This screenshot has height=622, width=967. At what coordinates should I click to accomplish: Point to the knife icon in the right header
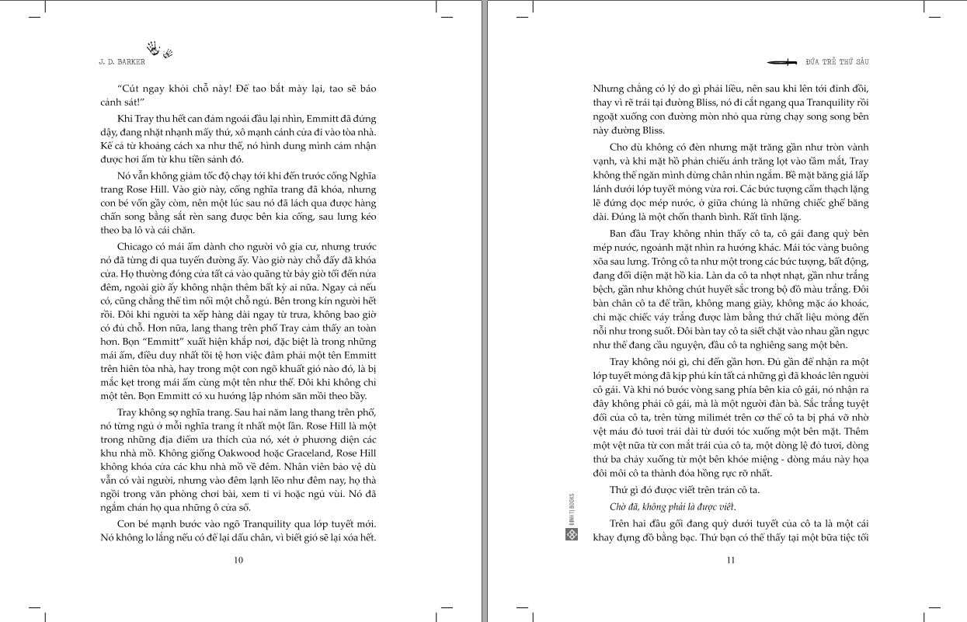781,61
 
